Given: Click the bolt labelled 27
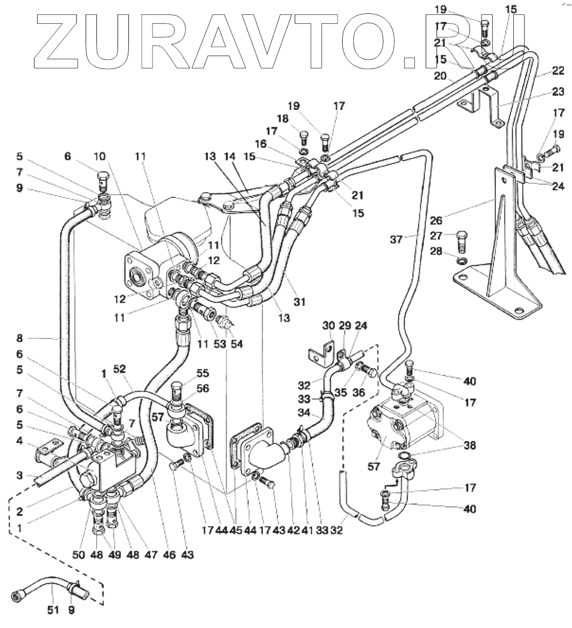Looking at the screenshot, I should pos(461,242).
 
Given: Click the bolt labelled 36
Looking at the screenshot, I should pos(367,370).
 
